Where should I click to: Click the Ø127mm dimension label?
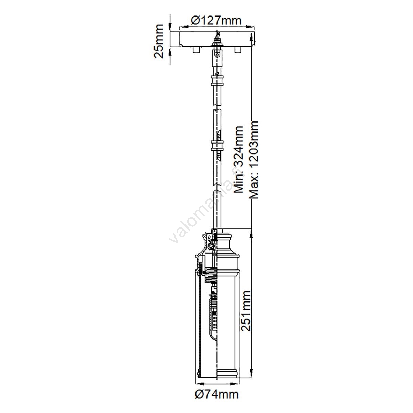[216, 21]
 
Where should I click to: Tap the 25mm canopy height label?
[159, 41]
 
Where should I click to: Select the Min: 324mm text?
[239, 160]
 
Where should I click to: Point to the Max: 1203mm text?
[254, 159]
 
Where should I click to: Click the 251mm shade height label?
[245, 311]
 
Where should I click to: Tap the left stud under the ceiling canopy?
[196, 50]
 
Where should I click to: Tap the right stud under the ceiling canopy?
[238, 50]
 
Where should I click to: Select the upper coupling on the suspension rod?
[217, 80]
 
